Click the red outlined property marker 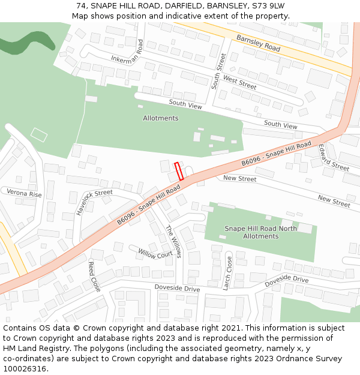click(x=179, y=172)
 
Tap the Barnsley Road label click(x=258, y=43)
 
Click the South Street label click(x=219, y=71)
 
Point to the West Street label click(x=239, y=82)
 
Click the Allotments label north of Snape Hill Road click(x=160, y=118)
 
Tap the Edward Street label click(x=334, y=158)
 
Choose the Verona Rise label click(x=24, y=194)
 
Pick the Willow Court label click(x=155, y=254)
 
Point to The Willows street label click(x=173, y=242)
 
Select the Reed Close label click(x=95, y=277)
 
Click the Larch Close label click(x=227, y=273)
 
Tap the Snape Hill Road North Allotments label click(x=260, y=232)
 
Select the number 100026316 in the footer click(x=25, y=368)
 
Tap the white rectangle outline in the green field click(x=39, y=135)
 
